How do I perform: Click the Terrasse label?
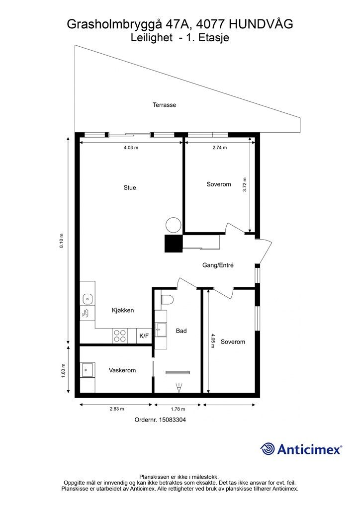click(x=164, y=105)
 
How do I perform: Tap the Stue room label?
click(x=130, y=187)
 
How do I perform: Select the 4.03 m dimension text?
click(x=131, y=147)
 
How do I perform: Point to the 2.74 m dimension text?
click(x=219, y=147)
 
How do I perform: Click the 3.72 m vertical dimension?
click(x=245, y=184)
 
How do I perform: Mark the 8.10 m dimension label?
click(x=62, y=241)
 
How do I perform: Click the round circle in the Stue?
click(x=173, y=225)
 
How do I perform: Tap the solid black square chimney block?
click(x=174, y=243)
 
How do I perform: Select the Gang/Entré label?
click(x=218, y=265)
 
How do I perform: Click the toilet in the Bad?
click(x=168, y=299)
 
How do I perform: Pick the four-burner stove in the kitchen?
click(x=120, y=336)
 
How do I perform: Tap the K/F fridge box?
click(x=144, y=336)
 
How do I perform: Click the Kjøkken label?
click(x=123, y=310)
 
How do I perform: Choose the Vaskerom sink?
click(x=88, y=370)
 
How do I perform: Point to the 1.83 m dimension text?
click(x=63, y=370)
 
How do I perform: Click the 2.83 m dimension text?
click(x=116, y=409)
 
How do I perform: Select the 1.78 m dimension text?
click(x=178, y=409)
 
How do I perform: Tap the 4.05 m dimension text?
click(x=213, y=341)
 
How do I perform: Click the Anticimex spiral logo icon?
click(x=268, y=449)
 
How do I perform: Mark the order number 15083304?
click(x=172, y=420)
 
